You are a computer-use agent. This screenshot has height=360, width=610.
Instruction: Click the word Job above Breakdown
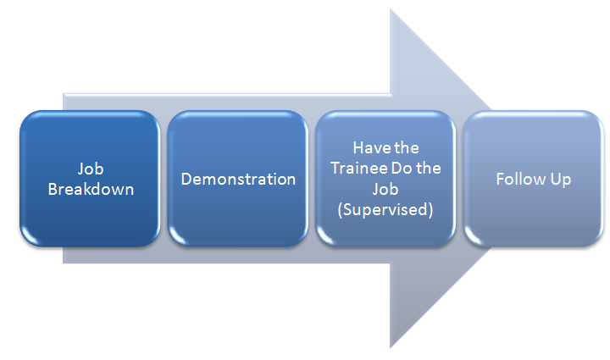click(x=91, y=169)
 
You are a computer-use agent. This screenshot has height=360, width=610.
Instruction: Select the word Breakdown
click(x=91, y=190)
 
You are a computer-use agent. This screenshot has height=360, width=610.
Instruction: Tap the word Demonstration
click(x=238, y=180)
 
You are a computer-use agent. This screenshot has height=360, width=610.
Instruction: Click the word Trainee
click(x=359, y=169)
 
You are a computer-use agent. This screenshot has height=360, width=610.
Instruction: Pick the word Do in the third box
click(x=402, y=169)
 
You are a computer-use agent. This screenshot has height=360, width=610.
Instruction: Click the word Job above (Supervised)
click(x=385, y=190)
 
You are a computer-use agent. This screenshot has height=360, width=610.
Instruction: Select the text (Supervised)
click(x=385, y=210)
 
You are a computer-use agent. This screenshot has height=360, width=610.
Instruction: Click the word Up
click(x=561, y=180)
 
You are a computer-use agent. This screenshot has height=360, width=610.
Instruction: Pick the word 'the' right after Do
click(x=429, y=169)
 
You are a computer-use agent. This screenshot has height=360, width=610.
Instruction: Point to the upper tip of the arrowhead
click(x=391, y=9)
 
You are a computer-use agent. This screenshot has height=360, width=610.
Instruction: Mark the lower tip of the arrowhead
click(x=391, y=347)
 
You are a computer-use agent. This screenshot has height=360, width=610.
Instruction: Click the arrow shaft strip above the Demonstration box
click(x=238, y=102)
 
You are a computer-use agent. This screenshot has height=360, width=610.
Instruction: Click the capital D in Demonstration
click(x=186, y=180)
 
